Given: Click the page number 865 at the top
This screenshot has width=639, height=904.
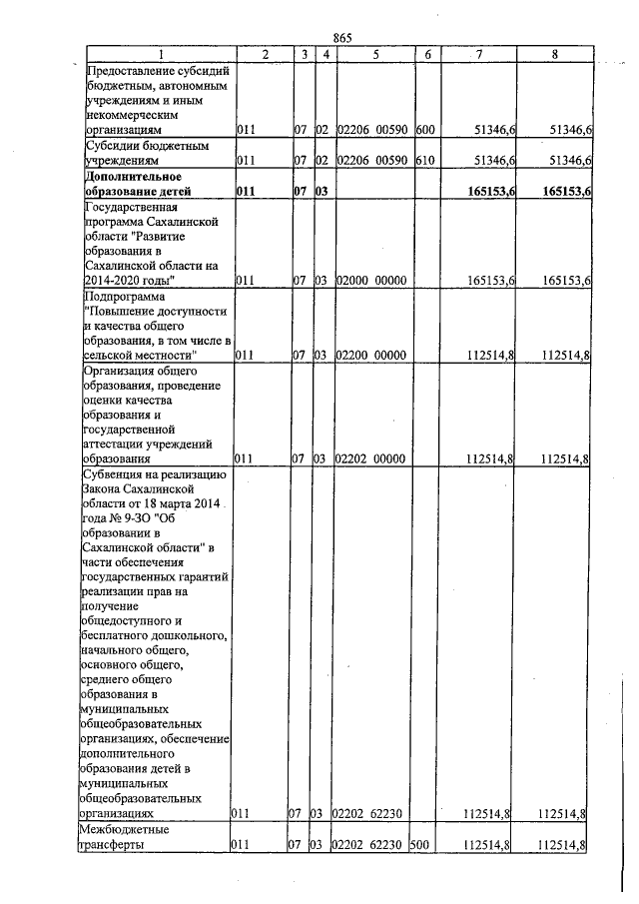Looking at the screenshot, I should pyautogui.click(x=343, y=37).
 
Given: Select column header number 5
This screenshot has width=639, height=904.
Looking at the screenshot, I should pyautogui.click(x=374, y=54).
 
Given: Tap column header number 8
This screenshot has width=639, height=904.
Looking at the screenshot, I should pyautogui.click(x=555, y=54).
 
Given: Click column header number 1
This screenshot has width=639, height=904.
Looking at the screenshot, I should pyautogui.click(x=161, y=54).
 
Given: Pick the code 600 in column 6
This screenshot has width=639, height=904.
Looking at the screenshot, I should pyautogui.click(x=424, y=130).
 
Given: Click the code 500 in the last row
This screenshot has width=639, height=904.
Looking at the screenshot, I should pyautogui.click(x=420, y=845).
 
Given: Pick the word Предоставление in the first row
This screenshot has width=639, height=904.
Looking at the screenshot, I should pyautogui.click(x=133, y=71).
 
